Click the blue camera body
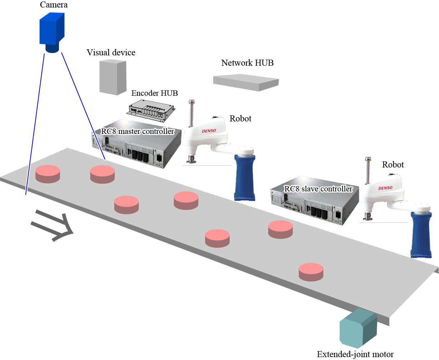(x=51, y=29)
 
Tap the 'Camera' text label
(x=54, y=5)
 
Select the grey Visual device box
(x=113, y=77)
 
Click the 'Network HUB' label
(x=247, y=63)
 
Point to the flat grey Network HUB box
(x=246, y=82)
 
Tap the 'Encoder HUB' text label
(x=154, y=93)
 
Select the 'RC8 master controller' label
(x=138, y=131)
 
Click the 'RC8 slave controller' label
(x=318, y=189)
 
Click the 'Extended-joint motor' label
(x=355, y=354)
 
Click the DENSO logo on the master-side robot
(x=209, y=131)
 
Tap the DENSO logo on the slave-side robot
(x=385, y=188)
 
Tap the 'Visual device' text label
(x=111, y=52)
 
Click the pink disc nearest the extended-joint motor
(x=311, y=272)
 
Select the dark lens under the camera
(x=52, y=49)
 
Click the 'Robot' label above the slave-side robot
(x=393, y=165)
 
